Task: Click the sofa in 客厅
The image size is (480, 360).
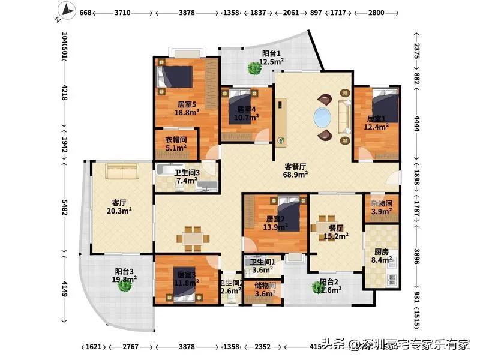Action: tap(122, 172)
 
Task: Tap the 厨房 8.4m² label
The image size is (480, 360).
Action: tap(382, 256)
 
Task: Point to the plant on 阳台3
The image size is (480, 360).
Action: tap(125, 286)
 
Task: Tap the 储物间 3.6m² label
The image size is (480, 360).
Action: tap(264, 290)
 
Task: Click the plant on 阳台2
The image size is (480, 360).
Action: tap(318, 287)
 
